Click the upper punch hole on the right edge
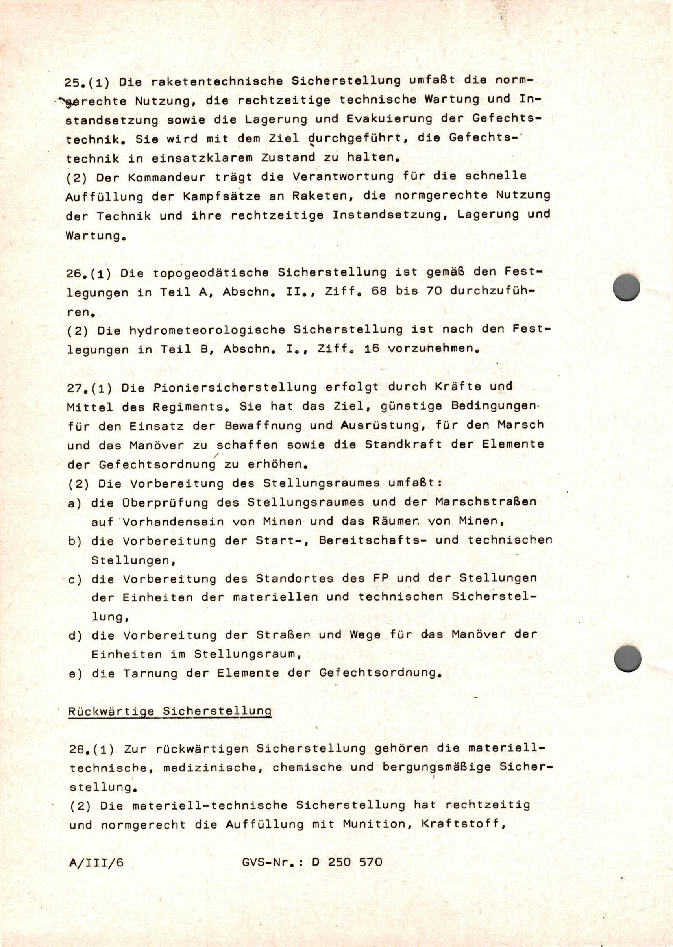click(x=626, y=287)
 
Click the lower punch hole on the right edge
click(x=627, y=658)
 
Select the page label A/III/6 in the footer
click(x=96, y=862)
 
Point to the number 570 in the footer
click(x=368, y=862)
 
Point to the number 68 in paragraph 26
click(x=379, y=291)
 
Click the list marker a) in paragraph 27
click(x=75, y=503)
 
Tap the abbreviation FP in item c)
click(x=381, y=578)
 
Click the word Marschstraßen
click(x=486, y=502)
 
